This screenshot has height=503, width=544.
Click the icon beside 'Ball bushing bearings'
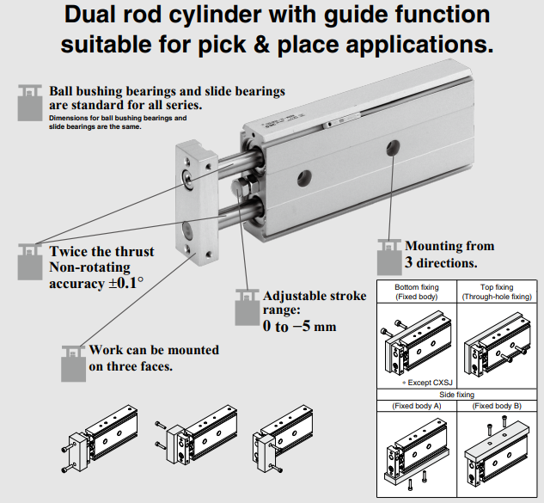click(x=32, y=101)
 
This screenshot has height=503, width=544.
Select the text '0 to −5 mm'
click(x=299, y=327)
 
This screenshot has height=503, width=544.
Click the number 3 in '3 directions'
click(x=409, y=263)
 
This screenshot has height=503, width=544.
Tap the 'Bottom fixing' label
click(x=417, y=286)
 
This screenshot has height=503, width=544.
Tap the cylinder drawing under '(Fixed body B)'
click(x=497, y=454)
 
